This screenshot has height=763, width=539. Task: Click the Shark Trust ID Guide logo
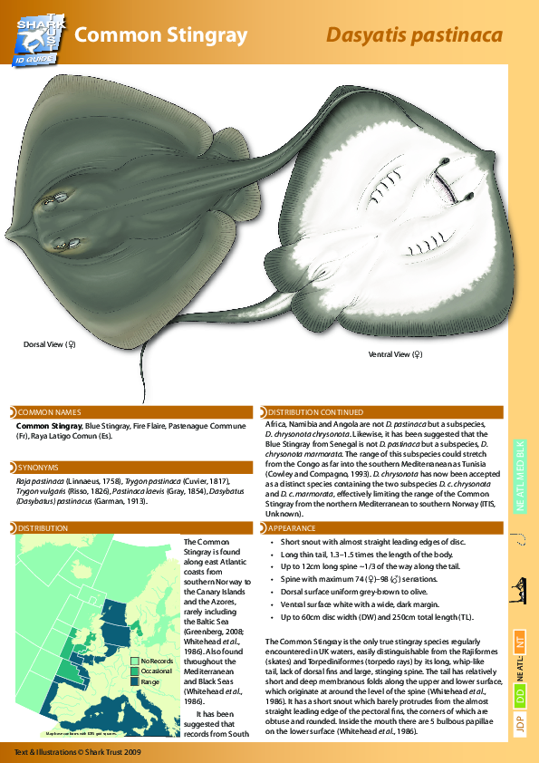[x=40, y=34]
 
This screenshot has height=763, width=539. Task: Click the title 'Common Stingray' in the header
[x=161, y=35]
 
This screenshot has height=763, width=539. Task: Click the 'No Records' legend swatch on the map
[x=134, y=662]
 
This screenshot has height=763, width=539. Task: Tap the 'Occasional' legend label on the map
[x=156, y=671]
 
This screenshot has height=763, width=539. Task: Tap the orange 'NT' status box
[x=521, y=640]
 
